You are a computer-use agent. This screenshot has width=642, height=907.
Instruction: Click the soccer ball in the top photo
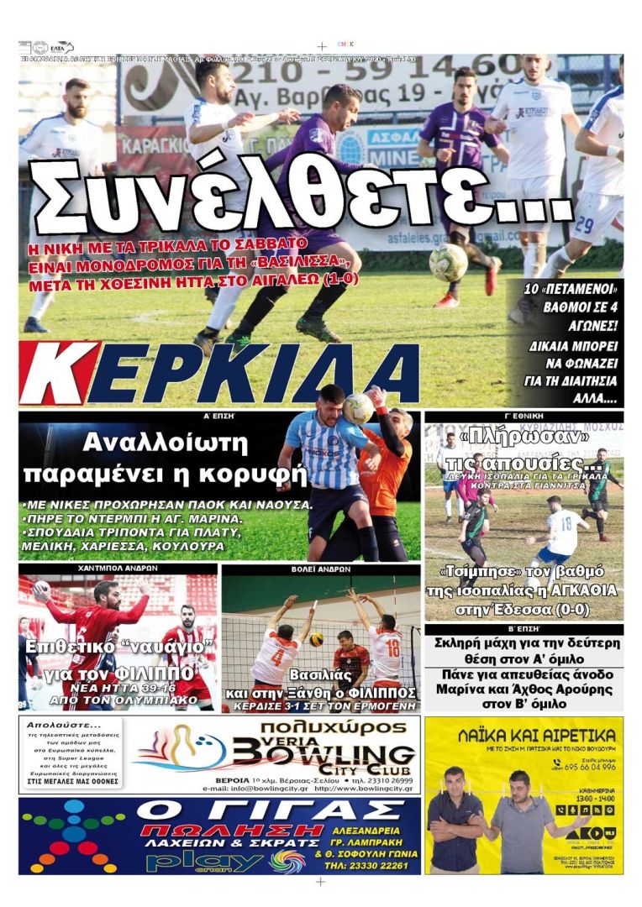448,263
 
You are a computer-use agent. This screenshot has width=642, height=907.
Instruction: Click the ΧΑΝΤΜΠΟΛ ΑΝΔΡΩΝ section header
118,569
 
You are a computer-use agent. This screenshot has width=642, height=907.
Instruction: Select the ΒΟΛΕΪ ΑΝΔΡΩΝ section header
320,569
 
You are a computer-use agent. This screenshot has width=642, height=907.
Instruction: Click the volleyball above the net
317,639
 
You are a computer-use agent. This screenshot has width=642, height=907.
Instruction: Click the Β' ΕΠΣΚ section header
524,628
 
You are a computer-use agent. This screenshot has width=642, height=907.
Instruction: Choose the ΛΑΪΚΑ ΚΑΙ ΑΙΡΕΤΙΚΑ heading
524,736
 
